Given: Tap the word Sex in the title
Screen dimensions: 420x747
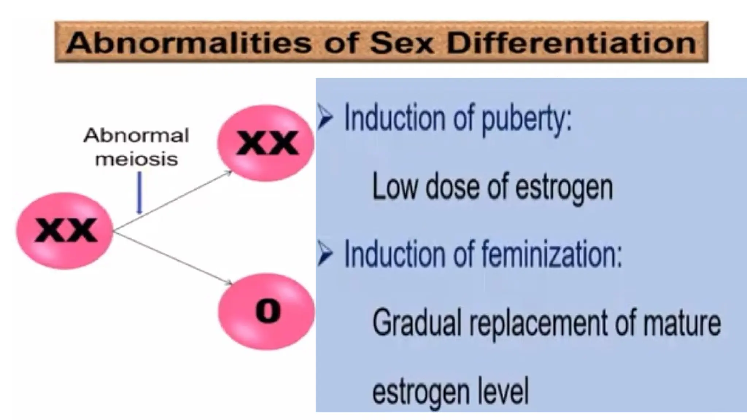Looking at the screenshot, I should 401,43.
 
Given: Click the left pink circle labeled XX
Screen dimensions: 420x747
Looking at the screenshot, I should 65,230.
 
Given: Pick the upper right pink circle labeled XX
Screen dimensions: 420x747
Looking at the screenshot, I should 266,143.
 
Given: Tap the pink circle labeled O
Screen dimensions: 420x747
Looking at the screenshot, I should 266,312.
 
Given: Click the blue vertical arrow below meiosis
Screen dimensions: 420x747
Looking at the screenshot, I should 139,193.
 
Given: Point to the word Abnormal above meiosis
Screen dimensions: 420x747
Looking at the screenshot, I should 136,136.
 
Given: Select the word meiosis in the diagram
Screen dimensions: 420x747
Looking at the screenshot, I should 136,159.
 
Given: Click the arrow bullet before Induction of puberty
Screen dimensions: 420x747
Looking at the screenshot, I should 325,117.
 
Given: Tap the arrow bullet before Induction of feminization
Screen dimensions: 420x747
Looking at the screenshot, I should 325,253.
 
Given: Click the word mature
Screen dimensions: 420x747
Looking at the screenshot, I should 682,323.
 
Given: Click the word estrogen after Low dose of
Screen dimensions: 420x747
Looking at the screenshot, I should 564,188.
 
